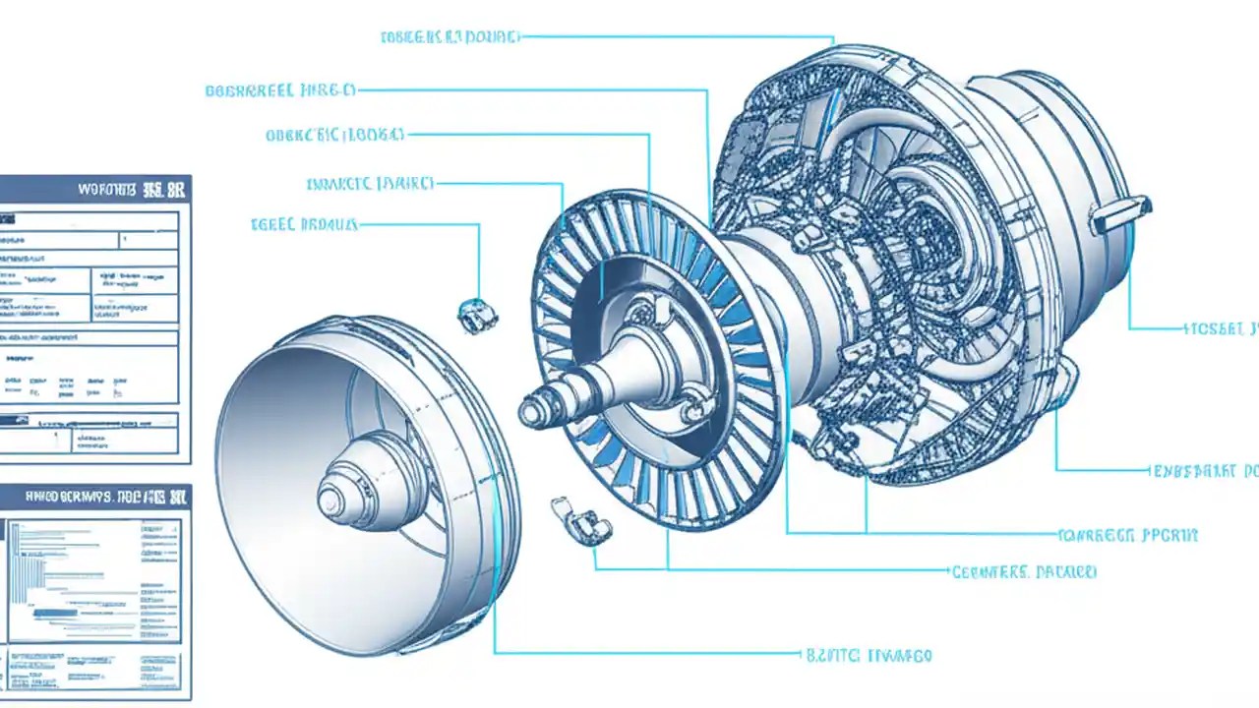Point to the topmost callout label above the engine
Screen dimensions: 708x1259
tap(449, 37)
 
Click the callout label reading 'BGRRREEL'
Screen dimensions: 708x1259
tap(279, 90)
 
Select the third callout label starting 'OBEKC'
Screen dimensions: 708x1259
tap(334, 135)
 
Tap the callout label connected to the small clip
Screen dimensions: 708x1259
tap(304, 224)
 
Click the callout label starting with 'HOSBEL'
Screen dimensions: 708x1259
tap(1221, 329)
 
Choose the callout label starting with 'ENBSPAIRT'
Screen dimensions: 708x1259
tap(1204, 471)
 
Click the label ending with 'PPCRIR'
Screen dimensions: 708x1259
tap(1128, 536)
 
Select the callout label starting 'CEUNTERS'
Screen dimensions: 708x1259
tap(1024, 571)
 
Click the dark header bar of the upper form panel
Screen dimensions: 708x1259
tap(95, 189)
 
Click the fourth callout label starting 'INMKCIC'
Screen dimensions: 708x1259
tap(370, 183)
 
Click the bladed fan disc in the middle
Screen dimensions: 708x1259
tap(654, 359)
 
